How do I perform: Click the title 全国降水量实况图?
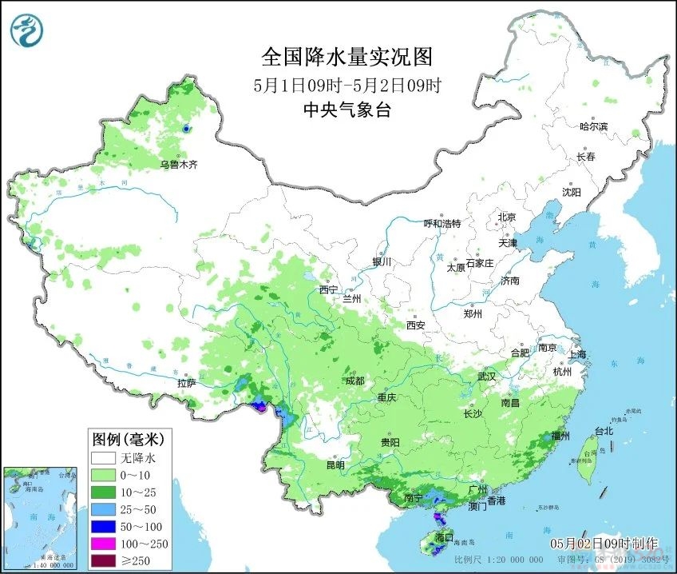point(346,58)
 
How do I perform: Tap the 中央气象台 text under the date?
point(346,110)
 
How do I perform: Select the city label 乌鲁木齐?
point(177,165)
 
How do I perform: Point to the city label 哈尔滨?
point(593,126)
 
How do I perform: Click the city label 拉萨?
point(186,384)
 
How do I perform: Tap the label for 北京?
point(507,217)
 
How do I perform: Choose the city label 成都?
point(354,381)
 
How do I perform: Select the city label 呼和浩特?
point(442,224)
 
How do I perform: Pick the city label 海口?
point(444,536)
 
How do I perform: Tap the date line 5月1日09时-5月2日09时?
point(346,85)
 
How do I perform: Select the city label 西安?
point(415,325)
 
